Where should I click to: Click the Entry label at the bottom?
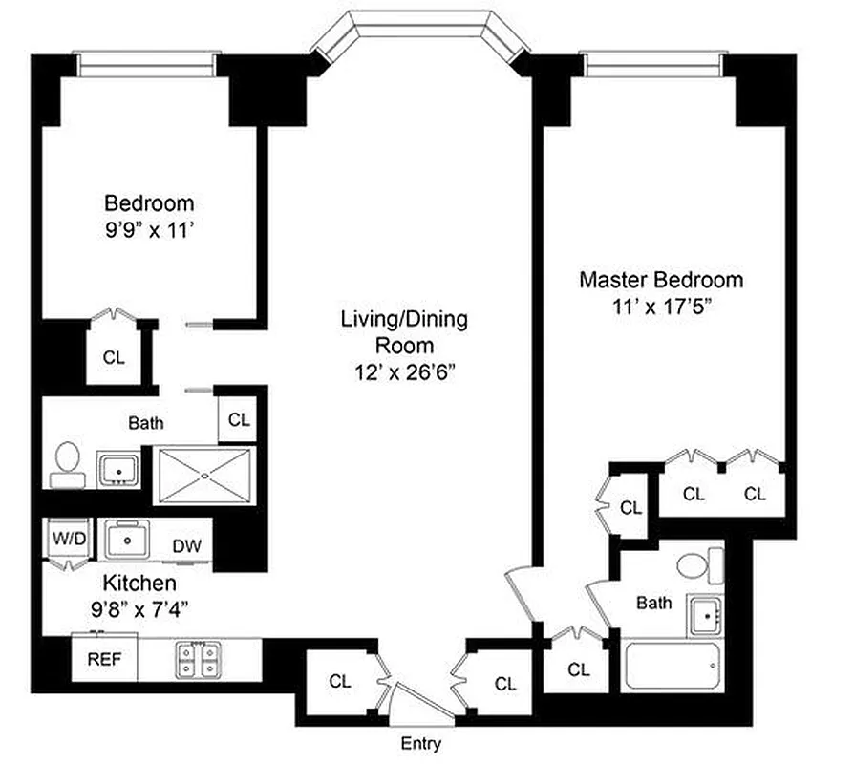click(421, 744)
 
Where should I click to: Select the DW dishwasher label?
click(186, 545)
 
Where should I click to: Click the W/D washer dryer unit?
click(69, 539)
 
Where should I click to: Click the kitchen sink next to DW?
click(126, 540)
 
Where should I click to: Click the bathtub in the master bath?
click(673, 665)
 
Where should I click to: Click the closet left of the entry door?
click(340, 682)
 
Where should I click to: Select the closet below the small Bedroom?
click(114, 357)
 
